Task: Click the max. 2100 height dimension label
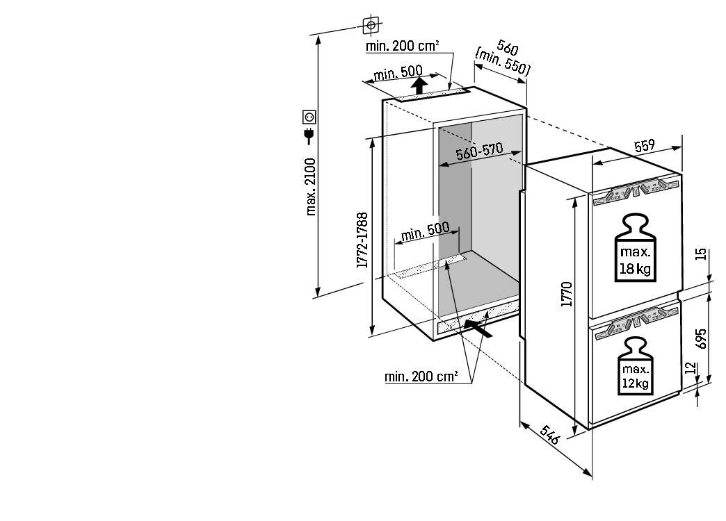[311, 186]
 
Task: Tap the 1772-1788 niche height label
[362, 240]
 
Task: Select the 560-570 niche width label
[479, 151]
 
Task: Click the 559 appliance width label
[645, 146]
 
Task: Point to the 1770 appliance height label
[567, 294]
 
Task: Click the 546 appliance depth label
[550, 434]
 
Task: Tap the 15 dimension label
[701, 254]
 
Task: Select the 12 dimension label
[691, 368]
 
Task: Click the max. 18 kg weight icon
[636, 247]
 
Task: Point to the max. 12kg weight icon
[636, 366]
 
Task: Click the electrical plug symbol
[309, 135]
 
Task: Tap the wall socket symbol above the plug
[309, 117]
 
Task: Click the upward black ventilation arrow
[419, 86]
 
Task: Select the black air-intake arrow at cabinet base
[478, 328]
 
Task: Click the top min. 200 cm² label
[403, 46]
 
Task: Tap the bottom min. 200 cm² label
[421, 377]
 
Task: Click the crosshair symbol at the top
[371, 26]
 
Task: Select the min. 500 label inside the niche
[425, 231]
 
